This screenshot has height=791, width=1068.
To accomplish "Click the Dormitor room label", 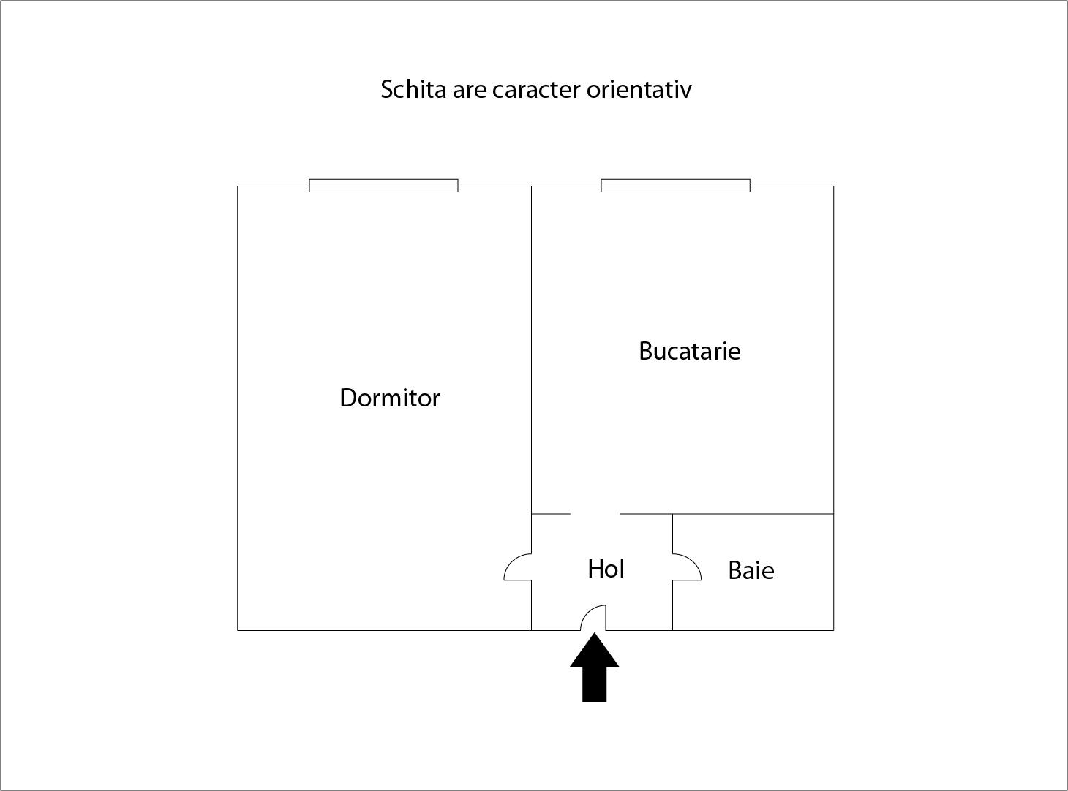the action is (390, 398).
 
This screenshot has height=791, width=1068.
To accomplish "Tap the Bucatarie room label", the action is (689, 351).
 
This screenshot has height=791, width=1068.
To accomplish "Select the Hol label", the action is (606, 569).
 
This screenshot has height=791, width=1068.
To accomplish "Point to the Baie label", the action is (751, 570).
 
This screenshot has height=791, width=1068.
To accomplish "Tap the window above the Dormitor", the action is (383, 186).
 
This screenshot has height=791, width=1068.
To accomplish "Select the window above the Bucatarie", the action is (675, 186).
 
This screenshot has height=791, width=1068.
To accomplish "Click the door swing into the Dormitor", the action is (517, 567).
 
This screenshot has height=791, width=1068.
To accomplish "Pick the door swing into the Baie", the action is (687, 567).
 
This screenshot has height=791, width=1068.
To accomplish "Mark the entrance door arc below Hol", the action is (593, 618).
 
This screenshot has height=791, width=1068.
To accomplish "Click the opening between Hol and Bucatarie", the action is (595, 514).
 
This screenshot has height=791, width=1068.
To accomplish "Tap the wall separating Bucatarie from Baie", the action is (753, 514).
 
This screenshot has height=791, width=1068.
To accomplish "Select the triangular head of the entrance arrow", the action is (595, 652).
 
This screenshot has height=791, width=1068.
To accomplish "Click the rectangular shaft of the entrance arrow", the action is (595, 684).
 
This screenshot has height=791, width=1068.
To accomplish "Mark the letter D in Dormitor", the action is (347, 398).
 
